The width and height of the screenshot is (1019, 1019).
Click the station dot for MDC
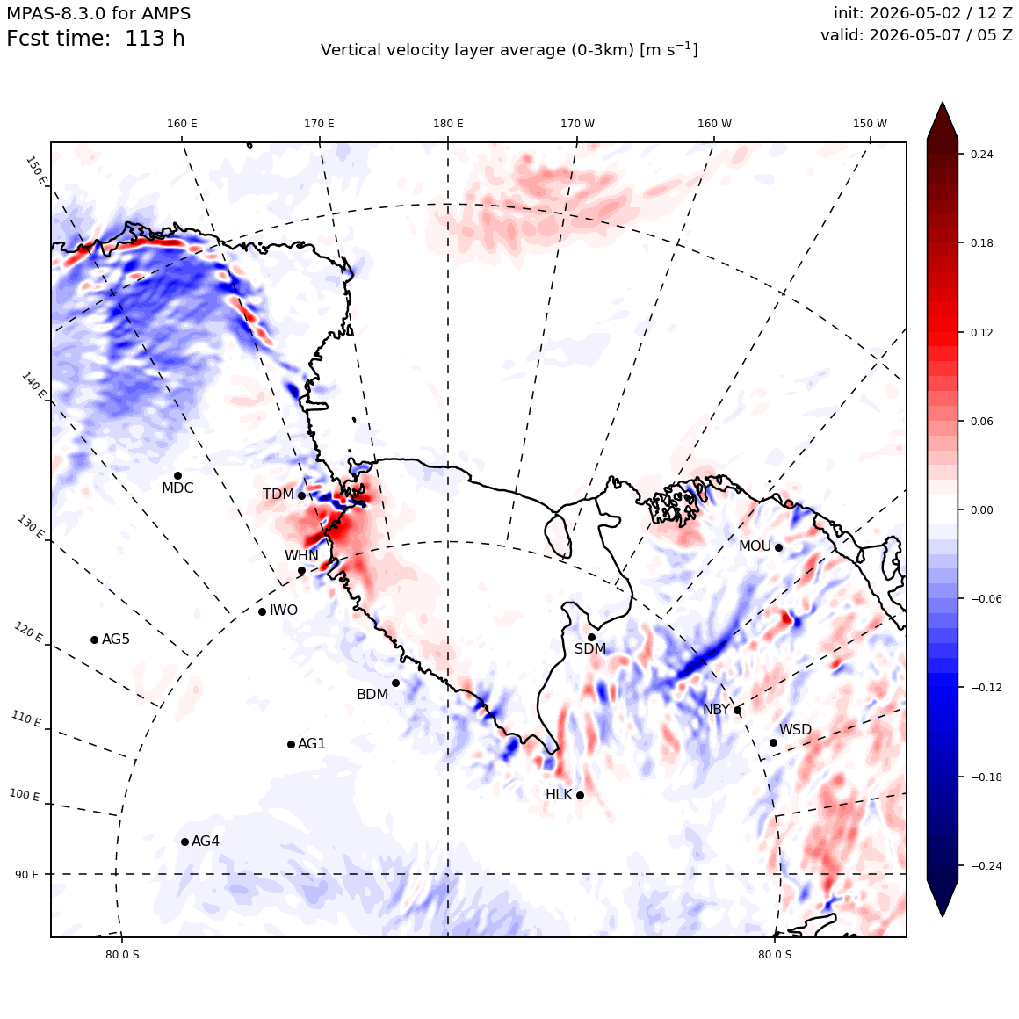click(177, 476)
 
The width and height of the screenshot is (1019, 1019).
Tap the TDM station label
click(278, 495)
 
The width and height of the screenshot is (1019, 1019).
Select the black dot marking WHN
click(301, 571)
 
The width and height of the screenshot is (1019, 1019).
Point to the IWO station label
click(284, 611)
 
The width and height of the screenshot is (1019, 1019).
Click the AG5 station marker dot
click(94, 640)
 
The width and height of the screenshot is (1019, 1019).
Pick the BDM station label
click(372, 695)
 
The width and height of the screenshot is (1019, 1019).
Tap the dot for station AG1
click(291, 745)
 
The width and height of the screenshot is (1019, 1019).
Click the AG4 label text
click(206, 841)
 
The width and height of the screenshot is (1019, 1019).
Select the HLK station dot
click(581, 796)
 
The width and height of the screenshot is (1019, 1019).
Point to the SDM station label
click(590, 648)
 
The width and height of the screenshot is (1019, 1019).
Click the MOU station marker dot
click(778, 547)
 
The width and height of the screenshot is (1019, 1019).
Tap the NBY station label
click(716, 710)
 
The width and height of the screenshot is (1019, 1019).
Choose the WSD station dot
click(773, 743)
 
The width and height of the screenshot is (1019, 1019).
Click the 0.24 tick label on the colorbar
click(981, 155)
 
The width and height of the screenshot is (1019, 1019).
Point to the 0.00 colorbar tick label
click(981, 510)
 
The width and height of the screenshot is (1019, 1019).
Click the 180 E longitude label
click(448, 124)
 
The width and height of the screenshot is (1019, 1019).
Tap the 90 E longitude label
click(26, 875)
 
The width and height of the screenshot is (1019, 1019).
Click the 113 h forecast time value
click(155, 39)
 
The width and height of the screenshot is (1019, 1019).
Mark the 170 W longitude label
click(578, 124)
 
